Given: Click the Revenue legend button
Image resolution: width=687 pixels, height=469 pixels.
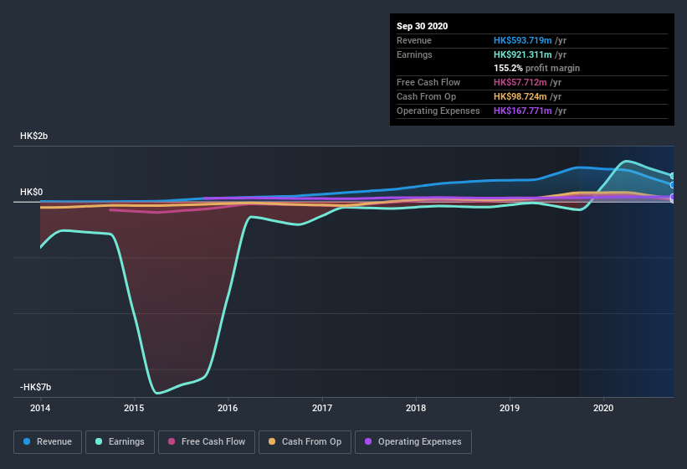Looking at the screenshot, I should [48, 441].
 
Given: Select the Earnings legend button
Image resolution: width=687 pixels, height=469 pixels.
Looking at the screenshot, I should [120, 441].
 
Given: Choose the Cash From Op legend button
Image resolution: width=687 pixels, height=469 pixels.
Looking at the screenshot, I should [305, 441].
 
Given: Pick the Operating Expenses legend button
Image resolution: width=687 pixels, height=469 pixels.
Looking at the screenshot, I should [413, 441].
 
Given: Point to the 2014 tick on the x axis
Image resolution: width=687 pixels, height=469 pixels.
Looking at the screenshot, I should [40, 408].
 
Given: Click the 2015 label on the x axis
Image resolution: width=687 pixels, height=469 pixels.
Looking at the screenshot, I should [134, 408].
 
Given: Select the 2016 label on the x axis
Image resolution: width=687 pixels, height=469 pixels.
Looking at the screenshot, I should [228, 408].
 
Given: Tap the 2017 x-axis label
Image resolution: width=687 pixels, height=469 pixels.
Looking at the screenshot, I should [322, 408].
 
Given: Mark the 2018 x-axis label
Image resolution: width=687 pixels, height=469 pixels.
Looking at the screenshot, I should [416, 408].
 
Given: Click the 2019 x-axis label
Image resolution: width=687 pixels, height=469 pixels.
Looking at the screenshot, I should [510, 408].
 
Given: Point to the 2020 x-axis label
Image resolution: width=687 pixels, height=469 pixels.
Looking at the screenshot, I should [603, 408].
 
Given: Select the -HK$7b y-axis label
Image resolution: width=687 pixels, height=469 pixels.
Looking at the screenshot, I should [36, 387].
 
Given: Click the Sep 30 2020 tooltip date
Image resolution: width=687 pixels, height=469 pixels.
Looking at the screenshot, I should [422, 26].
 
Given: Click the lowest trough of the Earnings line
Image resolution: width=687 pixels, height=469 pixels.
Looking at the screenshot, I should [156, 393].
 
